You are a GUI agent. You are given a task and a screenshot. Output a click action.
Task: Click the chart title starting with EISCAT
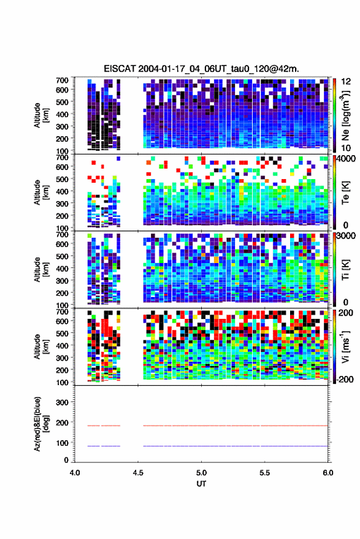[202, 69]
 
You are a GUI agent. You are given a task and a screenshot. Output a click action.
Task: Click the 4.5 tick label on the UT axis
[138, 473]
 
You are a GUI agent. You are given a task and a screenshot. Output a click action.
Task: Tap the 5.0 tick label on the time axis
[202, 473]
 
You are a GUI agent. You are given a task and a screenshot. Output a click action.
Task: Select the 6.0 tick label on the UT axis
[328, 473]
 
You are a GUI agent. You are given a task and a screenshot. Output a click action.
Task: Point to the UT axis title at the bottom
[202, 484]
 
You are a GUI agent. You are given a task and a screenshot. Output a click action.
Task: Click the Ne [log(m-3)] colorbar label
[345, 115]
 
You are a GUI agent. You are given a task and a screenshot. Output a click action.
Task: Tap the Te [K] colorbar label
[345, 193]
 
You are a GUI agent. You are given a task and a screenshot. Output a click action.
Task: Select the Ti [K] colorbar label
[345, 270]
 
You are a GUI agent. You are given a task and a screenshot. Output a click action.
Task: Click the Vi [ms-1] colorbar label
[345, 346]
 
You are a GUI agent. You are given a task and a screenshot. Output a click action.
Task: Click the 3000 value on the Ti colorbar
[346, 236]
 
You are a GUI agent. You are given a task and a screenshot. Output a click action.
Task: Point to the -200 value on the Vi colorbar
[344, 379]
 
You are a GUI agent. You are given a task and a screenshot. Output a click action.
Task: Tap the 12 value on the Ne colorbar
[347, 82]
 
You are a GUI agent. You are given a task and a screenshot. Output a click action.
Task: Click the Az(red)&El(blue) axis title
[41, 424]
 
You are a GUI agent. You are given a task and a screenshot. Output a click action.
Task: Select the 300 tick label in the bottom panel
[62, 402]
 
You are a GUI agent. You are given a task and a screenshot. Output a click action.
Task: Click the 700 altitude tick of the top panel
[62, 80]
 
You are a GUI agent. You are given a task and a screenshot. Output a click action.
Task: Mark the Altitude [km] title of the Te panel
[41, 193]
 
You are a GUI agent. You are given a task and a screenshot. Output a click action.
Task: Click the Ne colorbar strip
[334, 115]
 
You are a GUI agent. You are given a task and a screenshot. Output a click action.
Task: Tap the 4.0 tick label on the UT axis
[75, 473]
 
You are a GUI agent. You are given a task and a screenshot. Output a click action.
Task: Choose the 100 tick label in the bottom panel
[62, 443]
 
